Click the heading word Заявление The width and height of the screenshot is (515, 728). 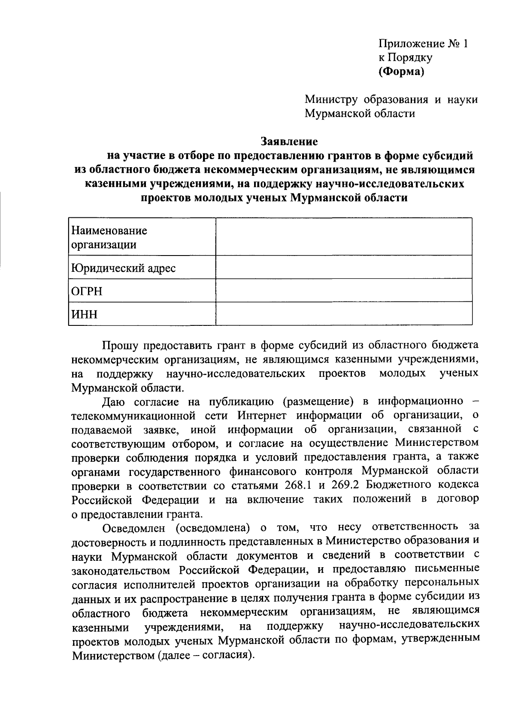[x=290, y=141]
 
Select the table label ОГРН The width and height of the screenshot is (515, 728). [x=87, y=292]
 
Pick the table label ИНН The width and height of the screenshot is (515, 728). [x=85, y=315]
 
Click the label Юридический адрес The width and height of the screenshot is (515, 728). [x=124, y=268]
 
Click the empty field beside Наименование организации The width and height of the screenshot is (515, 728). [x=343, y=237]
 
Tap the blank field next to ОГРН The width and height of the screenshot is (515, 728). [x=343, y=290]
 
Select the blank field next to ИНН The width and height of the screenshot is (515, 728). [x=343, y=313]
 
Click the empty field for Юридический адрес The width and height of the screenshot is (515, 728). [x=343, y=267]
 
